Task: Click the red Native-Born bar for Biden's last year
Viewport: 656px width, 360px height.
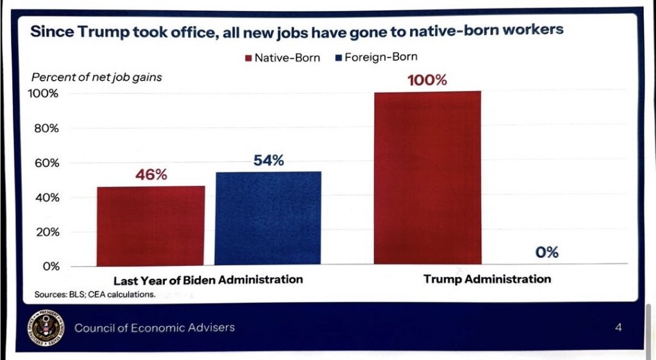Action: point(151,225)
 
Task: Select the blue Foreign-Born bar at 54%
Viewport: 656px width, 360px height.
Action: point(268,218)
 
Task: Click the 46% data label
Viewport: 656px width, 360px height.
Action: point(151,174)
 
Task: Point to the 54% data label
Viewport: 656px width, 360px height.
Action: point(268,160)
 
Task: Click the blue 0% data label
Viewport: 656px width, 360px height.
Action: point(546,252)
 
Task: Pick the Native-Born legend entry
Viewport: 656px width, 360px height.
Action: point(282,58)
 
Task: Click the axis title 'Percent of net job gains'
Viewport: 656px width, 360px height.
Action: point(97,78)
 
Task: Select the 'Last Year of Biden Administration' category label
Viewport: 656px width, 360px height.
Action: point(208,280)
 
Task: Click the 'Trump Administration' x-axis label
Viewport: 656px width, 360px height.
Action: point(487,279)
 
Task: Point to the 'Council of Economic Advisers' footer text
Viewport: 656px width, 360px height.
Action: point(154,328)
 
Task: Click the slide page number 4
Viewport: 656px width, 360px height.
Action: point(618,328)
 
